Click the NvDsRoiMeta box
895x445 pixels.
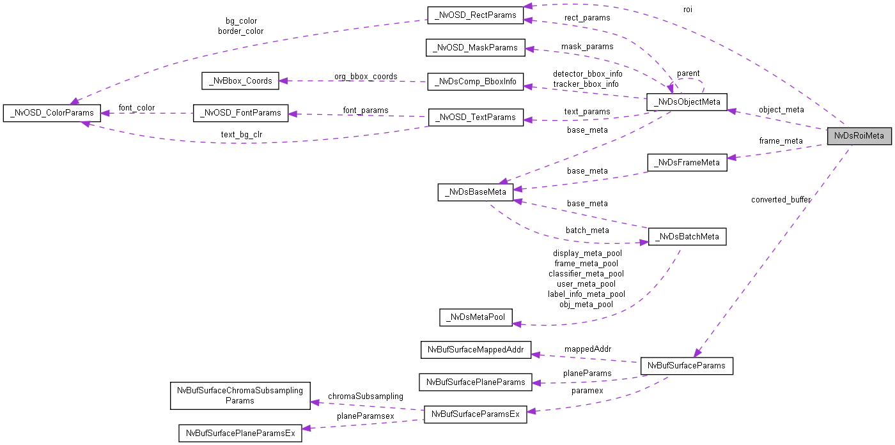[859, 136]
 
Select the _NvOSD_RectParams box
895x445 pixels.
[474, 15]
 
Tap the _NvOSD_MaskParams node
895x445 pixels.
[475, 48]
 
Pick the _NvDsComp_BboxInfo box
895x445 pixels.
[475, 82]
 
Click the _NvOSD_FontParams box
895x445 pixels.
[240, 113]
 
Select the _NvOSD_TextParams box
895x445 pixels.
[476, 117]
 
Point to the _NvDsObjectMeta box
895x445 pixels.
[687, 102]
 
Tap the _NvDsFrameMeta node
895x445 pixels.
[687, 162]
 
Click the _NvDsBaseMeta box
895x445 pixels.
[475, 192]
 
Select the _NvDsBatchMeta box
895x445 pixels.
[687, 236]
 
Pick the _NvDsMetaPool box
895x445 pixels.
[476, 317]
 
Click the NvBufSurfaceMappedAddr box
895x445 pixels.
[476, 350]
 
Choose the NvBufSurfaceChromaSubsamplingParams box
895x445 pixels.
[240, 396]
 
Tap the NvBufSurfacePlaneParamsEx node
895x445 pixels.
[240, 434]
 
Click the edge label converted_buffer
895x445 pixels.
[781, 200]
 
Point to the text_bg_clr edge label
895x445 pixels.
[242, 135]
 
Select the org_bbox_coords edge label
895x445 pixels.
[365, 77]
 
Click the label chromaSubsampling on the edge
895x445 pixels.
[365, 396]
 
